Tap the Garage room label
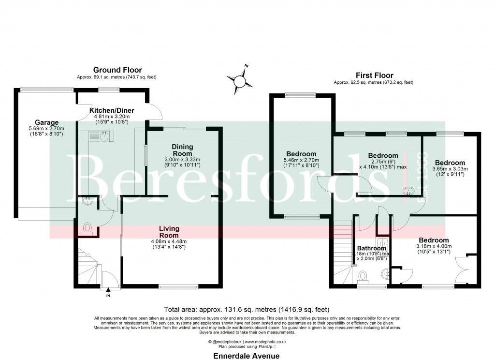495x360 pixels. (46, 122)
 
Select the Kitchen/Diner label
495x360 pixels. (112, 110)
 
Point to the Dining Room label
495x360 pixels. (183, 150)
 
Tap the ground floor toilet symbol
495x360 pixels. (87, 227)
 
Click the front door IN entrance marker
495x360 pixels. (108, 295)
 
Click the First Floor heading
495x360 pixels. (374, 75)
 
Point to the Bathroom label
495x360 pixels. (371, 248)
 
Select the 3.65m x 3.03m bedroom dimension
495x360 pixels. (450, 169)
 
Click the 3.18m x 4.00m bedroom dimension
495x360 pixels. (433, 246)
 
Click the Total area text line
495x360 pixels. (247, 309)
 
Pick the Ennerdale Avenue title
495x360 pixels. (247, 356)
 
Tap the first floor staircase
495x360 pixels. (342, 254)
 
